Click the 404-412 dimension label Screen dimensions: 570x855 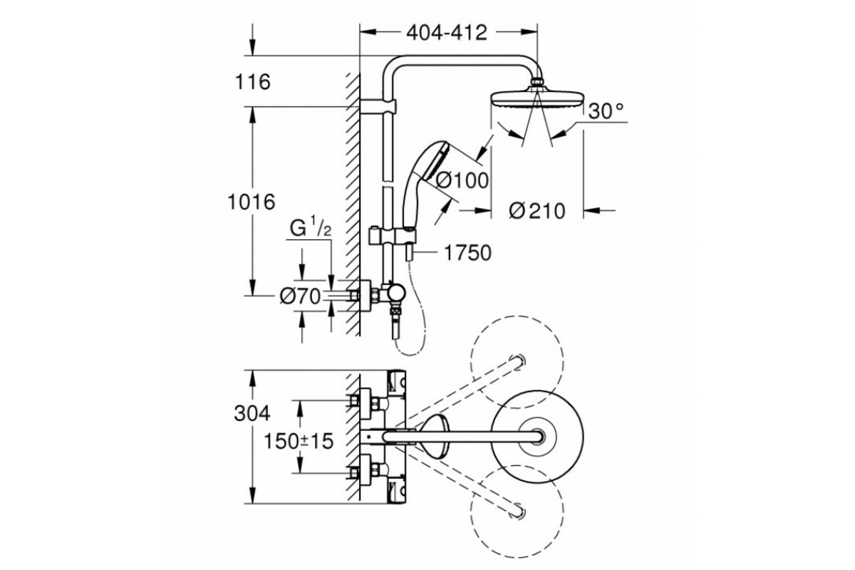[x=447, y=32]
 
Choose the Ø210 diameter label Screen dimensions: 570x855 [x=538, y=211]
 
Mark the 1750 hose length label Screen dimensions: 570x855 [x=467, y=253]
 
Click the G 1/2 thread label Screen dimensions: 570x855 [x=311, y=229]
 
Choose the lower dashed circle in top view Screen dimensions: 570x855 [x=517, y=507]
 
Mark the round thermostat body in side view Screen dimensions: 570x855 [x=396, y=293]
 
